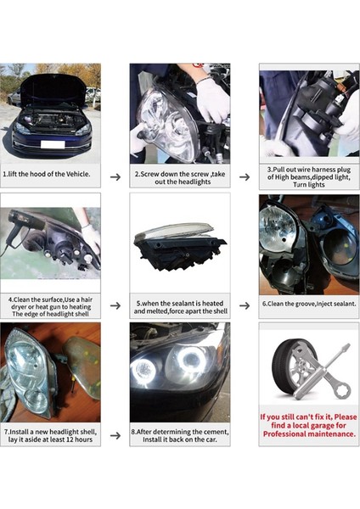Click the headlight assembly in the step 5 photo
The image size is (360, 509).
(180, 247)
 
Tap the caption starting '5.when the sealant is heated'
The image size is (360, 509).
(179, 306)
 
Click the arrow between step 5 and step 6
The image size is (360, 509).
(245, 305)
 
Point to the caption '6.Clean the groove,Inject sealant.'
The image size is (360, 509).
(309, 304)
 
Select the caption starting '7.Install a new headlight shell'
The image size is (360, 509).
(50, 435)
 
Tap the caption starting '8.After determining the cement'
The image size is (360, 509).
(179, 435)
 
